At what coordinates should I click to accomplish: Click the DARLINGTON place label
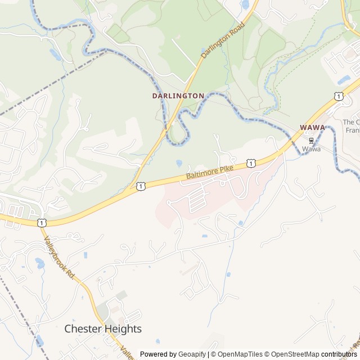coord(178,96)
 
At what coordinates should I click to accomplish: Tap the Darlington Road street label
coord(223,40)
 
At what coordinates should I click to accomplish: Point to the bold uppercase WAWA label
coord(312,128)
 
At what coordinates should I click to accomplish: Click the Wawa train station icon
coord(311,140)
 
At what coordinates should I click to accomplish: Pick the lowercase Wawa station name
coord(311,149)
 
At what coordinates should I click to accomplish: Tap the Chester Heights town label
coord(103,328)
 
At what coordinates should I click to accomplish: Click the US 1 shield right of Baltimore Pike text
coord(251,163)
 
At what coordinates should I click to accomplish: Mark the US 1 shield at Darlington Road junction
coord(140,185)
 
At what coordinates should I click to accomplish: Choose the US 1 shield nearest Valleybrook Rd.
coord(42,223)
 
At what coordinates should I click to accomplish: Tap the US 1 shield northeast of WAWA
coord(338,97)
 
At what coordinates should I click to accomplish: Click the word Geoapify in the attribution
coord(192,354)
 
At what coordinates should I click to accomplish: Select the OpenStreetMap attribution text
coord(293,354)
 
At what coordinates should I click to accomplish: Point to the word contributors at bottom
coord(339,354)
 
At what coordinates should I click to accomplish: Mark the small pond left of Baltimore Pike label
coord(178,164)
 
